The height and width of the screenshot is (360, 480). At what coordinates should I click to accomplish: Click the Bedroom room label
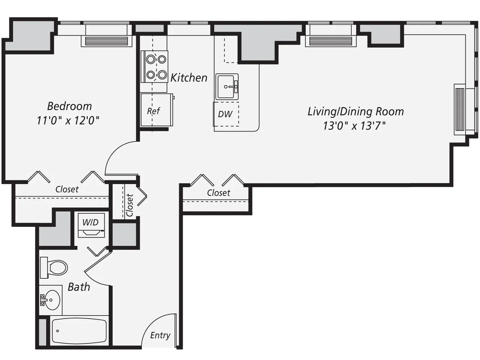(x=69, y=106)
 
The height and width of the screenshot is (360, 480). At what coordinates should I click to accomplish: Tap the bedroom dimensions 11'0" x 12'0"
(x=68, y=120)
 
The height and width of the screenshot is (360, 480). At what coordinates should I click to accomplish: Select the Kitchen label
(x=189, y=78)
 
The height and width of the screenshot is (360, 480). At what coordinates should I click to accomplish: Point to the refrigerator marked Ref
(x=154, y=111)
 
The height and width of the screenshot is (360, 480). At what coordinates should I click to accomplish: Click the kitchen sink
(x=227, y=87)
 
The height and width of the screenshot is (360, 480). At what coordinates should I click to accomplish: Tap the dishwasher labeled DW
(x=225, y=114)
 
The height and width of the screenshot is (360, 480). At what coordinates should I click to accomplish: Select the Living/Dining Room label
(x=355, y=111)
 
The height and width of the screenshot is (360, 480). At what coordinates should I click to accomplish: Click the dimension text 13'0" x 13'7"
(x=354, y=126)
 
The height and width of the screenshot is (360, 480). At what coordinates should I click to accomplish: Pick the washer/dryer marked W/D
(x=90, y=225)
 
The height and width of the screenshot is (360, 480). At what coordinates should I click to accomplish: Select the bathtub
(x=79, y=331)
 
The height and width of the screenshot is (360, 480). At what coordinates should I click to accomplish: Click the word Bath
(x=79, y=287)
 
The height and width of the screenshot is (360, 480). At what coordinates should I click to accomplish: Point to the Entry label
(x=160, y=335)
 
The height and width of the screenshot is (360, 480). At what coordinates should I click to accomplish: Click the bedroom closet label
(x=67, y=189)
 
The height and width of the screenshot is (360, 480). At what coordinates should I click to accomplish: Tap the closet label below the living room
(x=218, y=193)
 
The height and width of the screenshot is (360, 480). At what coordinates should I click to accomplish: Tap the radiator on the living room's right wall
(x=459, y=109)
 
